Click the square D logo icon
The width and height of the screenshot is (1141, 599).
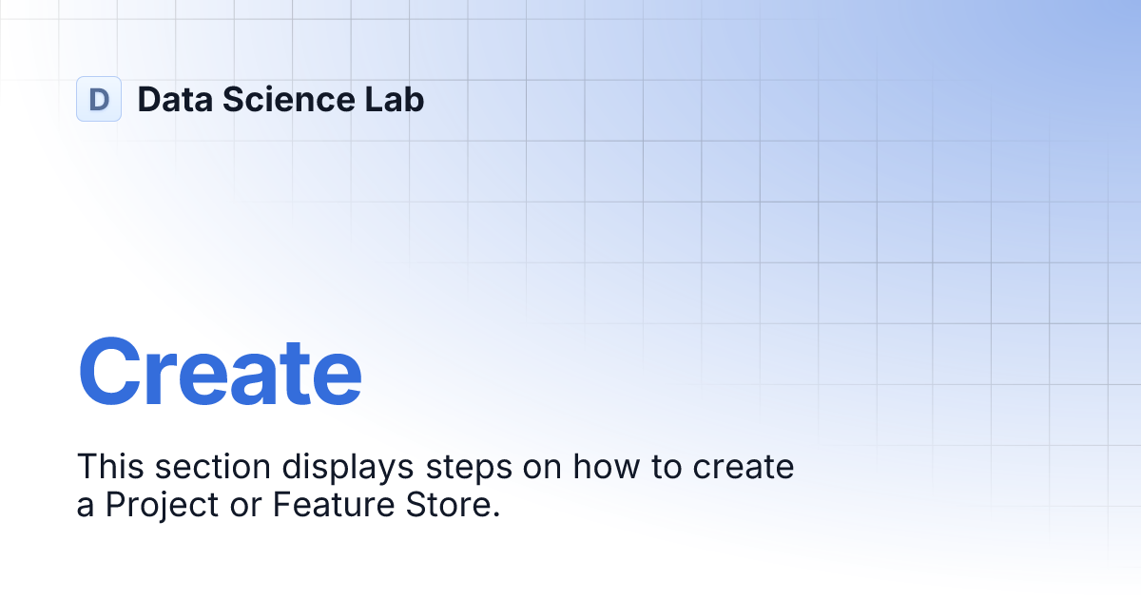[99, 99]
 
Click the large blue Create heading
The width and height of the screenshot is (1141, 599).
[220, 373]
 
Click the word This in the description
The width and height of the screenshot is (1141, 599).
[108, 468]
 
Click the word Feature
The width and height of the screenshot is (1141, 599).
[325, 506]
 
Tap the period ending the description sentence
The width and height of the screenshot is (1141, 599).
[495, 514]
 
